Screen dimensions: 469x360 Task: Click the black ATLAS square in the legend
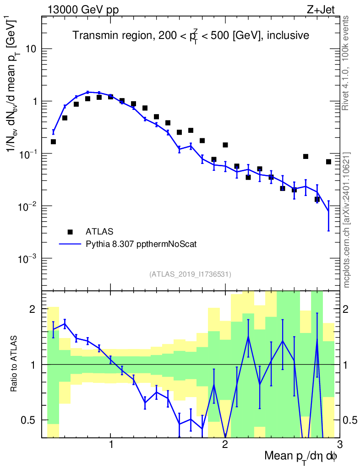[70, 231]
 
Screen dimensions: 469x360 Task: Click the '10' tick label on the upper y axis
[31, 49]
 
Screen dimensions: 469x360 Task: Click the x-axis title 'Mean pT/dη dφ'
[301, 457]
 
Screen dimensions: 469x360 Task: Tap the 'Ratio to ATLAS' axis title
[14, 364]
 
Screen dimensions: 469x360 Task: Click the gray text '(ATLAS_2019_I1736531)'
[190, 274]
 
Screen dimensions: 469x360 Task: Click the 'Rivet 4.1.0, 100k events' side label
[346, 63]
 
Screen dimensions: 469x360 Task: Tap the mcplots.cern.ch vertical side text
[346, 220]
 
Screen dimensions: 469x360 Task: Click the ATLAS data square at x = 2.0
[225, 145]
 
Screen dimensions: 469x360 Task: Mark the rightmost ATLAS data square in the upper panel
[328, 162]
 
